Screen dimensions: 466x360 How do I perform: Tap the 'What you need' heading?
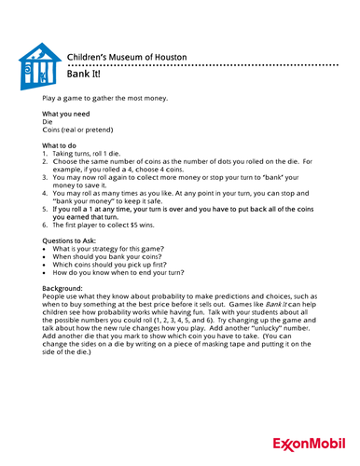(68, 113)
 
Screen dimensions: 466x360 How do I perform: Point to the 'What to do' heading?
(63, 145)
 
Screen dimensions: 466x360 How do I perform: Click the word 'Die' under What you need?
(48, 121)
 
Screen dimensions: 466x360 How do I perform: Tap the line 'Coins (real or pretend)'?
(82, 130)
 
